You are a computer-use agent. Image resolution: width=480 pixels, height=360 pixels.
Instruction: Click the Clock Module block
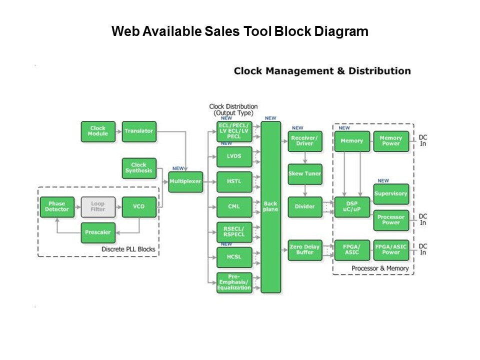click(x=98, y=131)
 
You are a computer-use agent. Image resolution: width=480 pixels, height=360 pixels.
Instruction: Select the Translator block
click(x=139, y=131)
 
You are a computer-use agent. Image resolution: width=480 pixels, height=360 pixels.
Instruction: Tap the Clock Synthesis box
click(x=139, y=168)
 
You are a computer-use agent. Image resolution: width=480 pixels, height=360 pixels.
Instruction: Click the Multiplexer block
click(x=185, y=181)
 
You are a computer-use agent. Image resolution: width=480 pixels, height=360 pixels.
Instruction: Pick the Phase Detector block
click(x=57, y=206)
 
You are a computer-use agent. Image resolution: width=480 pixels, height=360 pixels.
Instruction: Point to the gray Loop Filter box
click(x=98, y=206)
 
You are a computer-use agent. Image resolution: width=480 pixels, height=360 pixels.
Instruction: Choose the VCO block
click(x=139, y=206)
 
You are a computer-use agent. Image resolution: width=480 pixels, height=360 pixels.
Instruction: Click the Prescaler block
click(x=98, y=232)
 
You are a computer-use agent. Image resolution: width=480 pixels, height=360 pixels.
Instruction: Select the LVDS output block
click(x=234, y=156)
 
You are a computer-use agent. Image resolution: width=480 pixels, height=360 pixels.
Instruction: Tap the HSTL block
click(x=234, y=181)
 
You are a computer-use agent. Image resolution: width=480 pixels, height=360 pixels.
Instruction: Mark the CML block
click(x=234, y=206)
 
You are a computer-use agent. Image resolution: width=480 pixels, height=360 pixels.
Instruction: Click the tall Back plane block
click(x=270, y=206)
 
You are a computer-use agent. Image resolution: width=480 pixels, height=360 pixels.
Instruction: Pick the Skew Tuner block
click(x=305, y=174)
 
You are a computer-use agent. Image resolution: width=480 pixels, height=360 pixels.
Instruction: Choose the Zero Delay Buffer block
click(x=305, y=250)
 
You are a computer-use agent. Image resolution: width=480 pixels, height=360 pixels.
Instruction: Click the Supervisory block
click(x=391, y=193)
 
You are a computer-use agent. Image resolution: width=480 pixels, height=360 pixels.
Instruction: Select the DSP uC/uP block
click(x=351, y=206)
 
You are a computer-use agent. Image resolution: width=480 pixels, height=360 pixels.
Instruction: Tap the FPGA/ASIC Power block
click(x=391, y=249)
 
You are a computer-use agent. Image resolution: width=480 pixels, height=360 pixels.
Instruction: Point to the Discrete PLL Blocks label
click(x=128, y=249)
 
